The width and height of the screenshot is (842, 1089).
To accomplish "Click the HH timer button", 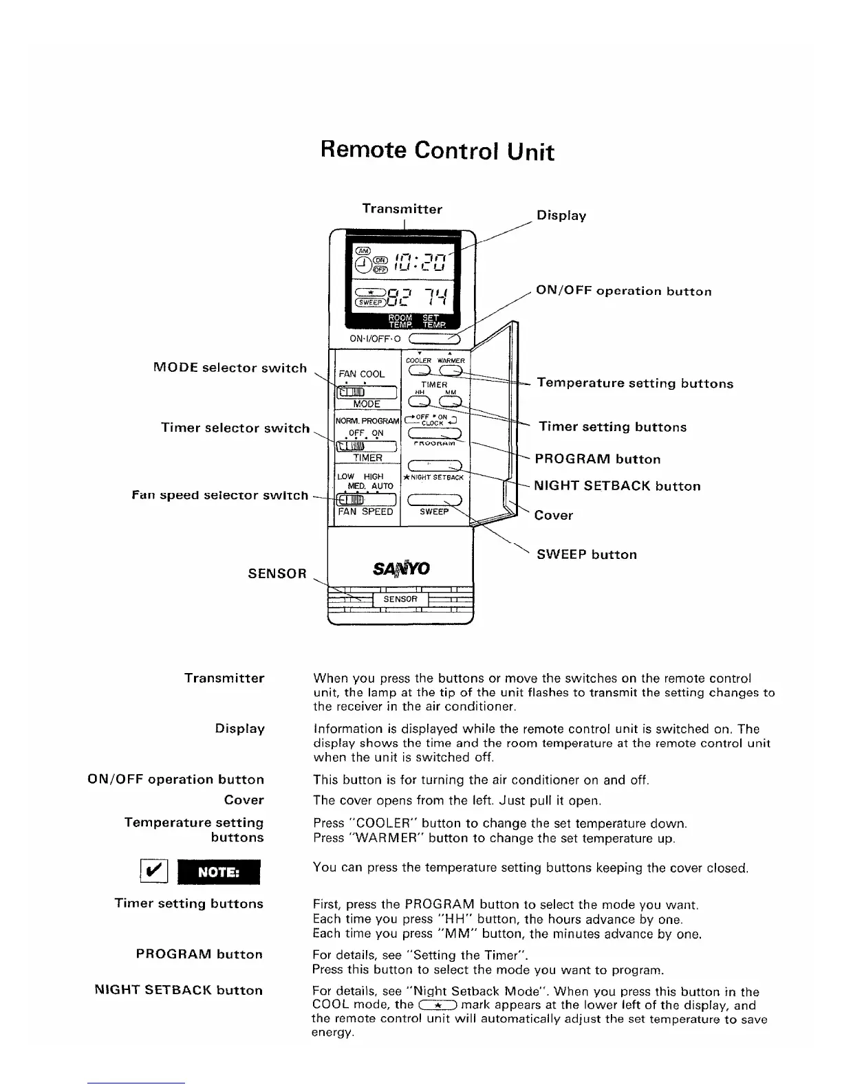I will [419, 402].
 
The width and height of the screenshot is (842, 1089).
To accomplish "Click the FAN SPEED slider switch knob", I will [348, 500].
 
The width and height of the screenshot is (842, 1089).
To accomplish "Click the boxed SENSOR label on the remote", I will [400, 599].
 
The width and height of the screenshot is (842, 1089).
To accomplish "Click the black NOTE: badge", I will [219, 872].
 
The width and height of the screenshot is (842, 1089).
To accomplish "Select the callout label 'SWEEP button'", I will [587, 554].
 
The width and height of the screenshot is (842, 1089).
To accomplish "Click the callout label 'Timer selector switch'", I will [235, 428].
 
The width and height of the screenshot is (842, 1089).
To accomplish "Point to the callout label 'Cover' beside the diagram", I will [554, 515].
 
